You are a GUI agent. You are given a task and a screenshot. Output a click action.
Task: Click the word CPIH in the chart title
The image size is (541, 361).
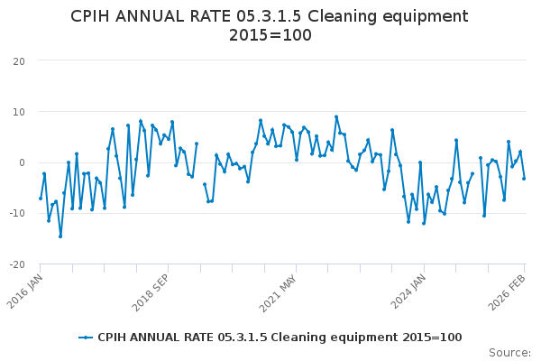pyautogui.click(x=95, y=16)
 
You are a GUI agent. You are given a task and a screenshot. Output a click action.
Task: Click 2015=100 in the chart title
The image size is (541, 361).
pyautogui.click(x=270, y=36)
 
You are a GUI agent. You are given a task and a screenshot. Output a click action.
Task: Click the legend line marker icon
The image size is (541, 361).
pyautogui.click(x=86, y=338)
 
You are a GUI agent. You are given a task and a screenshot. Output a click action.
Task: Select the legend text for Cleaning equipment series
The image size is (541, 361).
pyautogui.click(x=280, y=338)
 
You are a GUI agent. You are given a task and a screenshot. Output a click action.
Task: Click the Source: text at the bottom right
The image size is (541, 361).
pyautogui.click(x=509, y=353)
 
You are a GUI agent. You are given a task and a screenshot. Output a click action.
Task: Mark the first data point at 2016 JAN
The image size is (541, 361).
pyautogui.click(x=41, y=199)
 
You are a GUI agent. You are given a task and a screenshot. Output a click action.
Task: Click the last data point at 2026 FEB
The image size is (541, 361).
pyautogui.click(x=524, y=179)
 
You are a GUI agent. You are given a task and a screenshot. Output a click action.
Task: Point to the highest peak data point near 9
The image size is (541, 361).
pyautogui.click(x=336, y=116)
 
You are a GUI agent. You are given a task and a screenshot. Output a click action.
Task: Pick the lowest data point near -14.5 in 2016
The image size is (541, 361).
pyautogui.click(x=60, y=236)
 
